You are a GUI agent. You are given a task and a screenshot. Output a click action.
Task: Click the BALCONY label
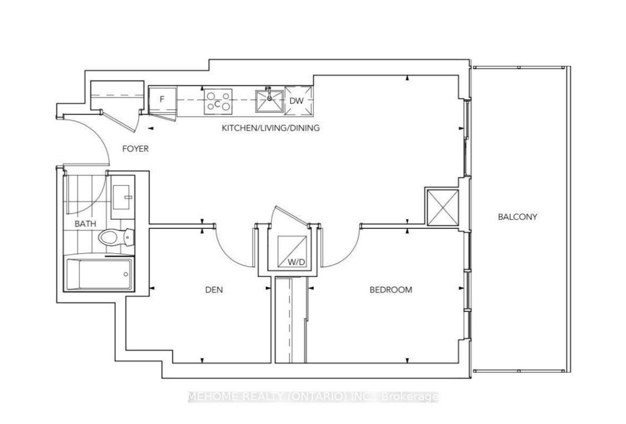tap(517, 217)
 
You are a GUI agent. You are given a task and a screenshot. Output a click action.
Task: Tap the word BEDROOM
tap(390, 290)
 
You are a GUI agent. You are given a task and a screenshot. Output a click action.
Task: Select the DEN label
tap(214, 290)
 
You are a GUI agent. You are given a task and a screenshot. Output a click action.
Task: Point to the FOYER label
tap(135, 148)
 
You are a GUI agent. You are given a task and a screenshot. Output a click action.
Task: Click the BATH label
tap(85, 224)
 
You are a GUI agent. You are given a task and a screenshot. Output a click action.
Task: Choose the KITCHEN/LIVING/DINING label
tap(271, 128)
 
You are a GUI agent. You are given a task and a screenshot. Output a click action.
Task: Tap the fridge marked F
tap(162, 99)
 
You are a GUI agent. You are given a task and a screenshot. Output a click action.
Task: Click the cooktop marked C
tap(219, 100)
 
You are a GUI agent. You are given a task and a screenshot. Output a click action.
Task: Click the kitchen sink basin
tap(269, 101)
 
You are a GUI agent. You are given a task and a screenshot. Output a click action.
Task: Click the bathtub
tap(99, 274)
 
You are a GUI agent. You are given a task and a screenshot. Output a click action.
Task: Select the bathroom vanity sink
tap(123, 197)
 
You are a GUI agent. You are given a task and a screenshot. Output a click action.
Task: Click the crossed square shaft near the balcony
tap(443, 207)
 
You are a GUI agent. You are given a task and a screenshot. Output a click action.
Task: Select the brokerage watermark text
tap(313, 397)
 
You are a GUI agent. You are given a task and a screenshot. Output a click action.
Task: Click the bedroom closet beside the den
tap(292, 320)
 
